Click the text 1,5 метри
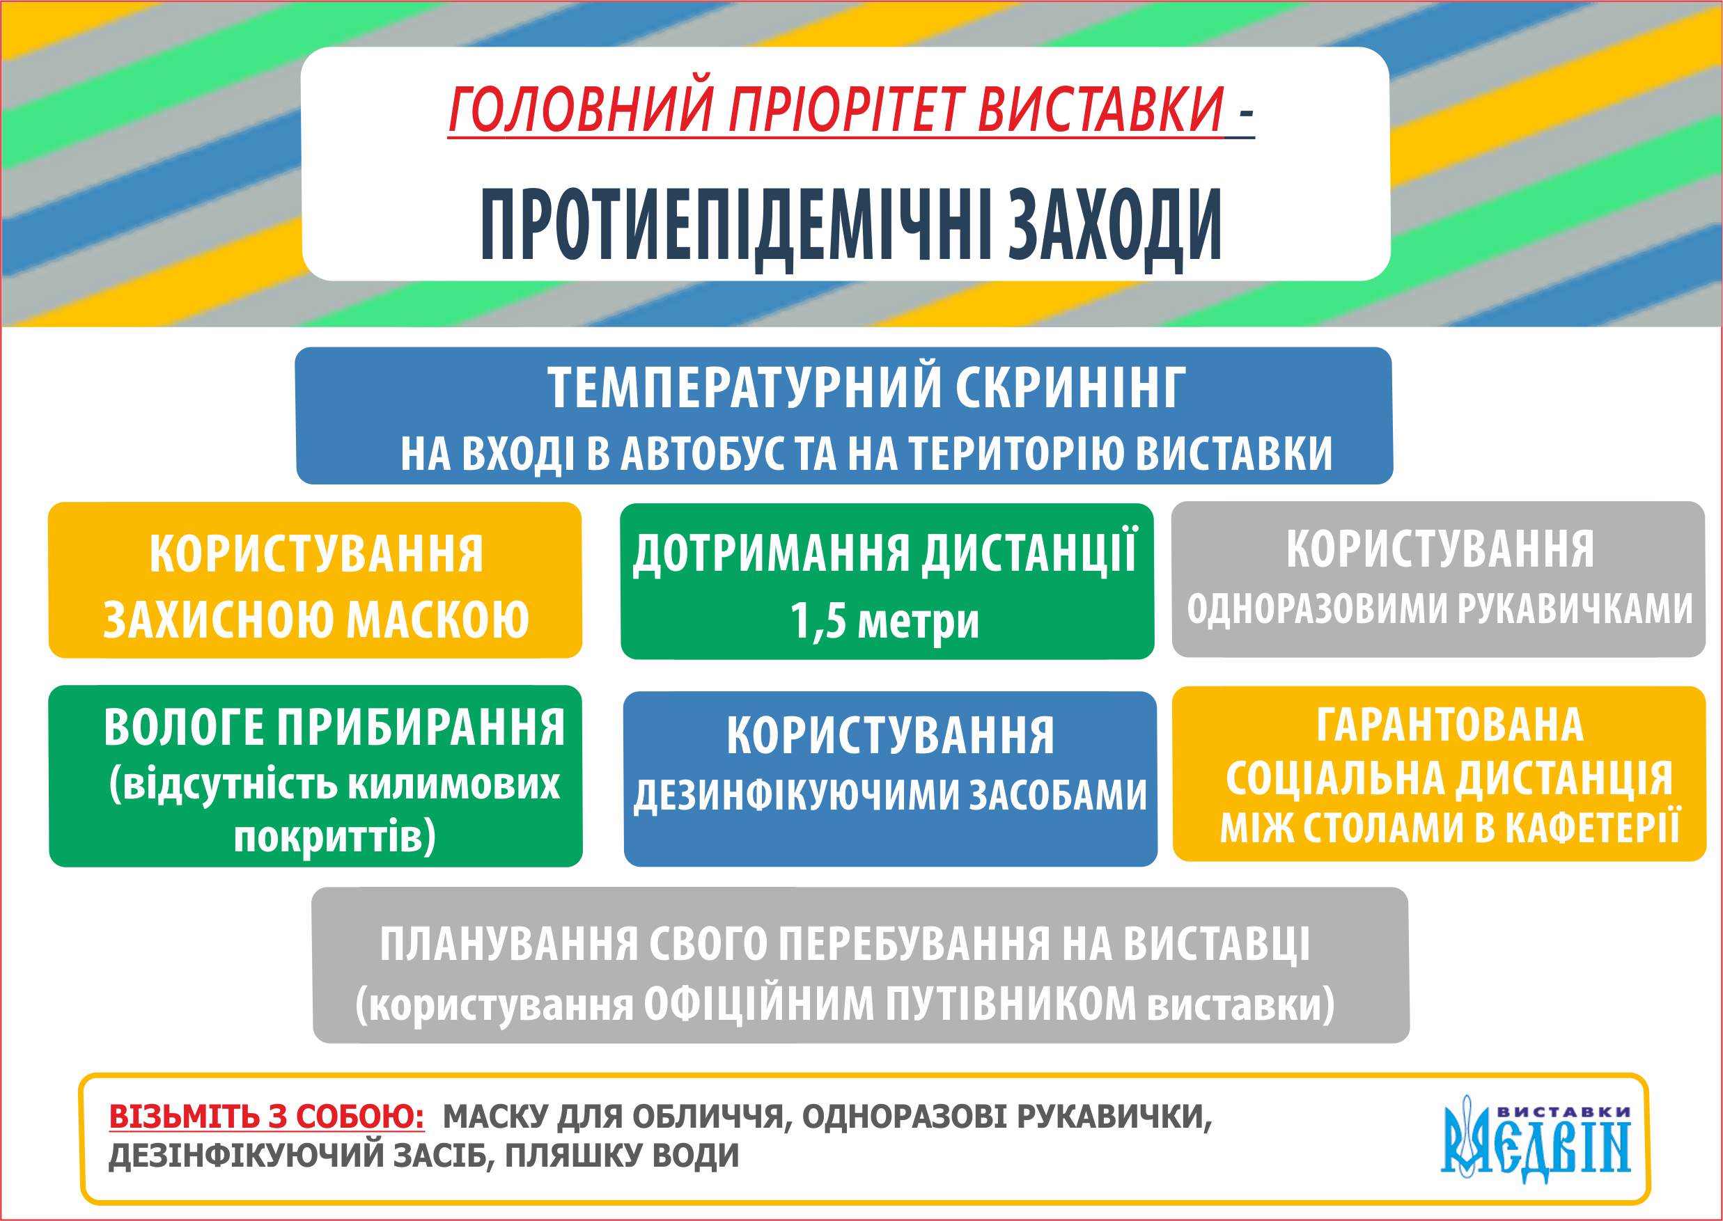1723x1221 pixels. click(x=884, y=621)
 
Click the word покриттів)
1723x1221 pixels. click(x=335, y=836)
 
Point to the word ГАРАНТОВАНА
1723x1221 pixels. click(x=1449, y=724)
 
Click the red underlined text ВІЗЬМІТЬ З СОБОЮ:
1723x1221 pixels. click(x=267, y=1117)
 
